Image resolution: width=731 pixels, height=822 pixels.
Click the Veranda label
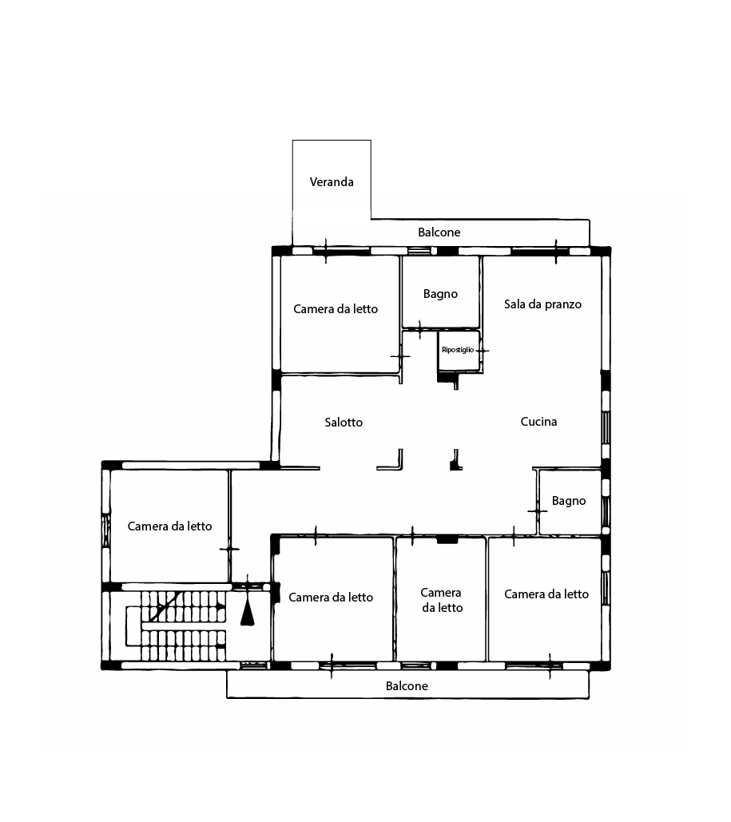pos(332,182)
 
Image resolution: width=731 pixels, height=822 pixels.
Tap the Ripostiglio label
pos(458,350)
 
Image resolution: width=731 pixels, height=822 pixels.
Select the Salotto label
pos(344,422)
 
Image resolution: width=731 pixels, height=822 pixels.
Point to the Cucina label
pos(538,422)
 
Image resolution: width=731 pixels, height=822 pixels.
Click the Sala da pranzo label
pos(542,304)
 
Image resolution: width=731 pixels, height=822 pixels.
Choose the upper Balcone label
pos(439,232)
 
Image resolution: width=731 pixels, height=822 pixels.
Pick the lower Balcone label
pos(407,685)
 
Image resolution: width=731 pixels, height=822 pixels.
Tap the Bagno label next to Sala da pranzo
pos(440,294)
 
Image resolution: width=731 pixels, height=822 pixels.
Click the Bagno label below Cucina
pos(569,501)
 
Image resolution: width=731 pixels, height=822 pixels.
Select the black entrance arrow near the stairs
pos(248,612)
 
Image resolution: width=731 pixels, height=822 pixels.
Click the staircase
pos(176,625)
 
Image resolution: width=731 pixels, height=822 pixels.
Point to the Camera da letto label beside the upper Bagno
pos(336,309)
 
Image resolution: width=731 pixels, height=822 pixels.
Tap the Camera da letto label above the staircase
pos(170,526)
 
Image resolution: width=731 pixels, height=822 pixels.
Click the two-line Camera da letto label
pos(442,600)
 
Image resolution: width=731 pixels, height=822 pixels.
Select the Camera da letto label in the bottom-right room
pos(546,594)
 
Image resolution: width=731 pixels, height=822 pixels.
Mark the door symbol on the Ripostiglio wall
pos(482,350)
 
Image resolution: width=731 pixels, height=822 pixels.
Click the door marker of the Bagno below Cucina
pos(537,510)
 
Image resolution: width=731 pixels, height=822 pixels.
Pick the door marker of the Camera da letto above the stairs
pos(229,549)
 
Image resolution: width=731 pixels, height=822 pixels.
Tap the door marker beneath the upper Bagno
pos(419,329)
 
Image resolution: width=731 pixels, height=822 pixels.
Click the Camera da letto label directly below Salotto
pos(331,597)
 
